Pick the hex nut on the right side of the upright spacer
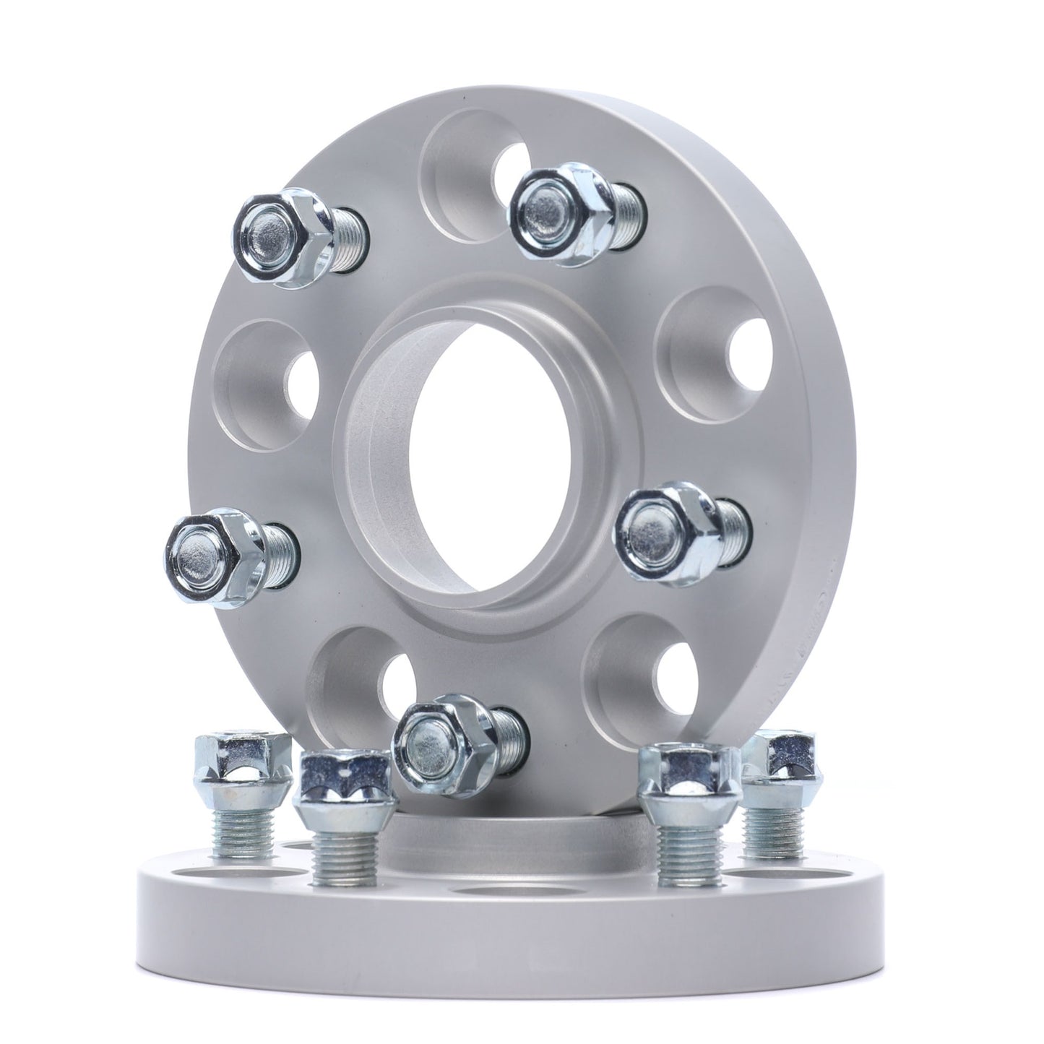coord(661,531)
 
